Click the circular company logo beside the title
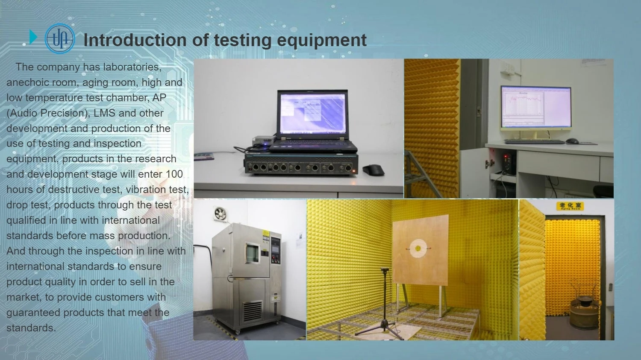(x=60, y=38)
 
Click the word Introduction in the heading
(x=135, y=40)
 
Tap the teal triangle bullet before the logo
(x=33, y=37)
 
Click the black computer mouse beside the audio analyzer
(x=373, y=170)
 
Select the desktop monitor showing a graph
(x=536, y=107)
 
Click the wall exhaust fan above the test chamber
(x=221, y=214)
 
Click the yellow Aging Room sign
(x=570, y=206)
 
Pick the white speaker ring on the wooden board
(x=418, y=248)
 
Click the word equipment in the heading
(x=322, y=40)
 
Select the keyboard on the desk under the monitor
(x=535, y=141)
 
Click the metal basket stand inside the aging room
(x=584, y=307)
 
